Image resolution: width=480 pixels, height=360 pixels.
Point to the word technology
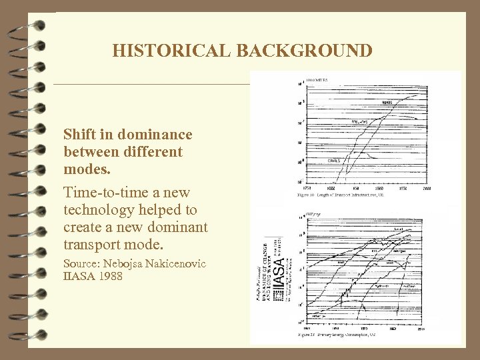tap(97, 210)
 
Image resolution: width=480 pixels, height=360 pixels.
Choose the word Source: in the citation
tap(83, 264)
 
